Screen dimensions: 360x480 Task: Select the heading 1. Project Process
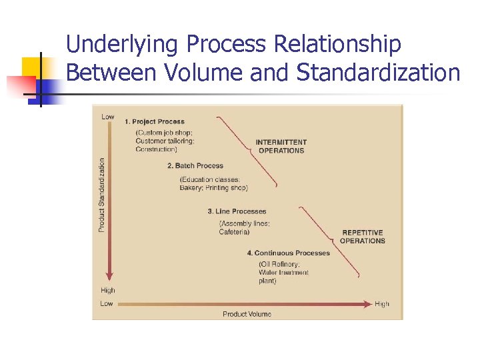click(154, 121)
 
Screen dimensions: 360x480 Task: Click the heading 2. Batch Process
click(195, 165)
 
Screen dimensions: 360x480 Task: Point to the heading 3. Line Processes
click(237, 211)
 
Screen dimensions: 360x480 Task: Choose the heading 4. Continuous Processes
click(288, 253)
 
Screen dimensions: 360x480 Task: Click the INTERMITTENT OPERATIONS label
click(281, 146)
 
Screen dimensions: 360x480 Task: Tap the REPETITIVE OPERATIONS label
click(363, 237)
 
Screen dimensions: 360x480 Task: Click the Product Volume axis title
click(247, 314)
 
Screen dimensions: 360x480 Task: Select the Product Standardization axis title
click(102, 195)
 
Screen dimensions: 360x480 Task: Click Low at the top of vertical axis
click(107, 117)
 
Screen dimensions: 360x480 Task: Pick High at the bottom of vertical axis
click(108, 290)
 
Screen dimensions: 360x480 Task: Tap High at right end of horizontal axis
click(382, 304)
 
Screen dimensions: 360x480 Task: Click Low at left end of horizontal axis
click(107, 304)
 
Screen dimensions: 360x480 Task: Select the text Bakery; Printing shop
click(213, 188)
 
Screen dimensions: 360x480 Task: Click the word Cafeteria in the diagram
click(235, 232)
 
